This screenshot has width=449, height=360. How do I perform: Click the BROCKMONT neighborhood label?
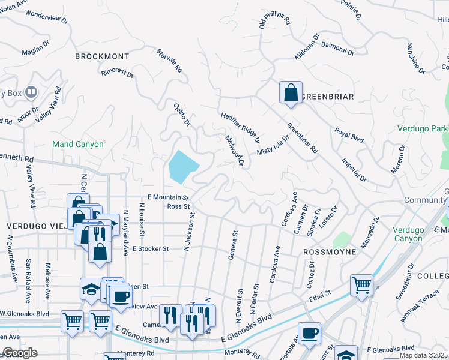102,56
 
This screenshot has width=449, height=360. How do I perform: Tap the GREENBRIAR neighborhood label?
327,97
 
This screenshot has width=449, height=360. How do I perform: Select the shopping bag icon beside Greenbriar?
291,94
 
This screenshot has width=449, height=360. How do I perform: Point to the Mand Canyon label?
78,145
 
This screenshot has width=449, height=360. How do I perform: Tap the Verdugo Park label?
422,129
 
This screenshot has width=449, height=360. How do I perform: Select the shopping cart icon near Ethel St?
361,285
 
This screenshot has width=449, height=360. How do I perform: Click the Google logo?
19,352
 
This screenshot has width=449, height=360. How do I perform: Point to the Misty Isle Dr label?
273,145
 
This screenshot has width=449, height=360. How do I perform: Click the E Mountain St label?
168,197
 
